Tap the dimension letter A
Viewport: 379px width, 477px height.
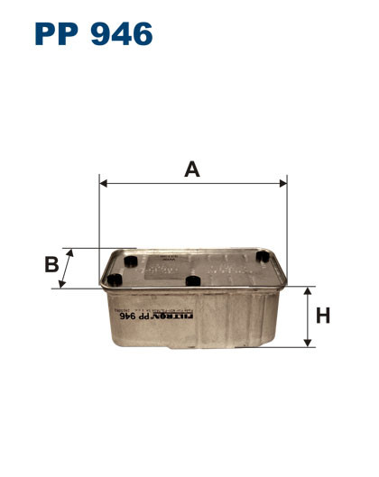tap(191, 168)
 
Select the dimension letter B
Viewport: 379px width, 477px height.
tap(51, 264)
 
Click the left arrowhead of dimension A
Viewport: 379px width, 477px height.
tap(103, 183)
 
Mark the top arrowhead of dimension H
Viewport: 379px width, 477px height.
tap(309, 293)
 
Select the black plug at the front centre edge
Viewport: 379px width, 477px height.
tap(191, 282)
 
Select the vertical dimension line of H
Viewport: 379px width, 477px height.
tap(309, 317)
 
